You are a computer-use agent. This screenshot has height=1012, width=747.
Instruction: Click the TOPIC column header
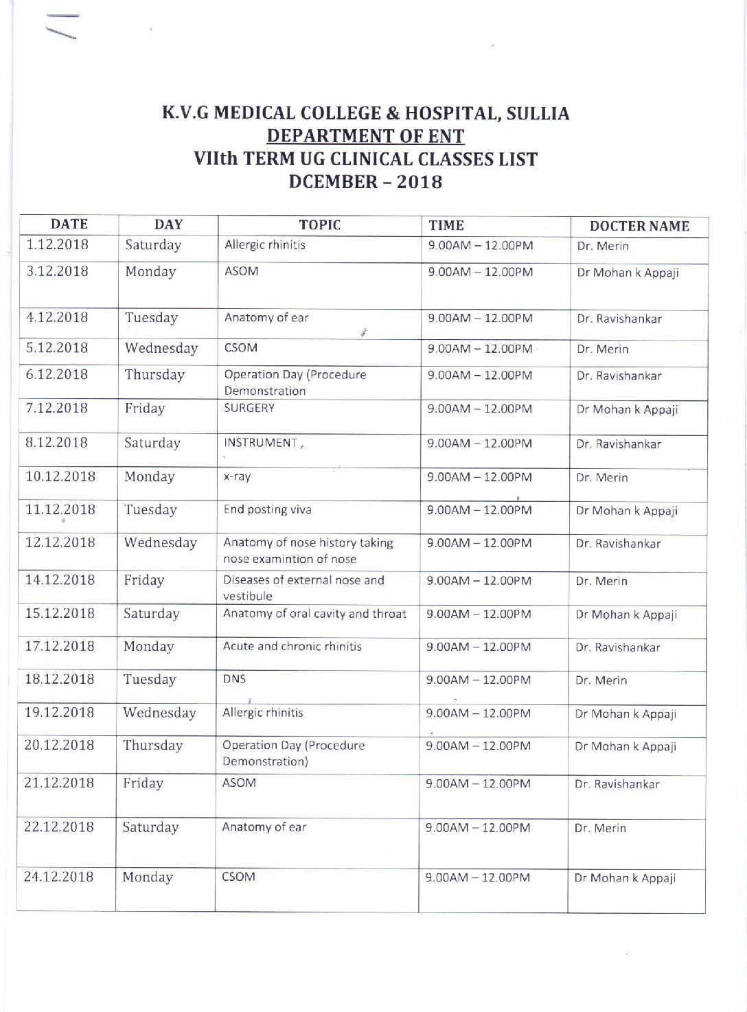point(319,225)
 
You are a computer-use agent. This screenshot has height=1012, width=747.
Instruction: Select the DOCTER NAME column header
point(639,226)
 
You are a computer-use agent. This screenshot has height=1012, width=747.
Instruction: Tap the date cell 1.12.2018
point(58,244)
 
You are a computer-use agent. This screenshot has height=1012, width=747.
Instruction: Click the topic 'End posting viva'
point(267,509)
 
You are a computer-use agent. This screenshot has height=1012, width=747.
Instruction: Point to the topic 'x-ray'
point(237,477)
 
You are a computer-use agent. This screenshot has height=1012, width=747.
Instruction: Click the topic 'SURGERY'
point(249,408)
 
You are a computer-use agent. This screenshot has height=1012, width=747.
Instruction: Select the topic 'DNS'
point(234,679)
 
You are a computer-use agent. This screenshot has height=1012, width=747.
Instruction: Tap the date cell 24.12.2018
point(58,876)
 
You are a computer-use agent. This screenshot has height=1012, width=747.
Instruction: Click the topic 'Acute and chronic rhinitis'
point(292,646)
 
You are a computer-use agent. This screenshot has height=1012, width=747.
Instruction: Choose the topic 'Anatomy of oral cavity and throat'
point(314,613)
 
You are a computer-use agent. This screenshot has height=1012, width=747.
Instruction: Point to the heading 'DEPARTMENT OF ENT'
point(365,136)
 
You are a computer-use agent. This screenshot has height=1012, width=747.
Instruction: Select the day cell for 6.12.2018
point(154,375)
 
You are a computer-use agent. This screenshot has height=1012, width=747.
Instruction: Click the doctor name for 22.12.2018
point(600,828)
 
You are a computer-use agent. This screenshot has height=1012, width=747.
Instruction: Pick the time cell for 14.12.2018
point(479,581)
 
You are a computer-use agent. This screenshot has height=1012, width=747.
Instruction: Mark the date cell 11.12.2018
point(60,509)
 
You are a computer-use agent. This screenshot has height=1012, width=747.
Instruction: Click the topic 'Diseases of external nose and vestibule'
point(303,588)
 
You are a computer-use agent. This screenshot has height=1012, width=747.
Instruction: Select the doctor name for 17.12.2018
point(617,647)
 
